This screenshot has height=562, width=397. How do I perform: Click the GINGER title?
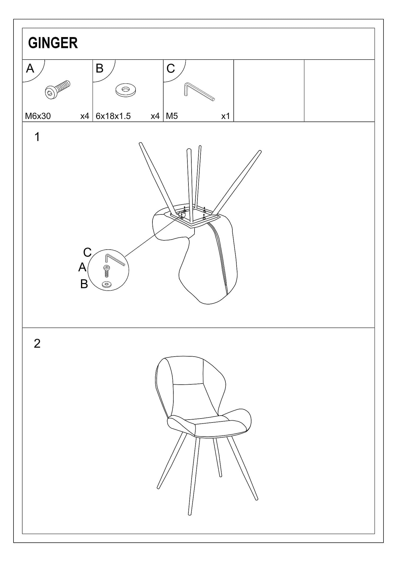[53, 43]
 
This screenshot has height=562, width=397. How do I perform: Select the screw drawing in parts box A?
[58, 90]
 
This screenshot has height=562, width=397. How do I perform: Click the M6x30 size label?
[38, 116]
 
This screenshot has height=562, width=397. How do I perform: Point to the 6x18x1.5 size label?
[113, 116]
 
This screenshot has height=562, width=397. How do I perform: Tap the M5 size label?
[172, 116]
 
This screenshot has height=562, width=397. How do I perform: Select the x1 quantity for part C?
[225, 116]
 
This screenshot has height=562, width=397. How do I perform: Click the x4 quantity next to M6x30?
[85, 116]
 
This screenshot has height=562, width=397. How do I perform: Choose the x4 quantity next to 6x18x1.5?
[155, 116]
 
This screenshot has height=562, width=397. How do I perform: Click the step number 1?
[37, 137]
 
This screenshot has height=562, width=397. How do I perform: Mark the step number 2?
[37, 343]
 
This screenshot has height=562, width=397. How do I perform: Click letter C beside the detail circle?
[87, 252]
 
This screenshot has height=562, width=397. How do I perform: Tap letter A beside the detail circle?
[82, 267]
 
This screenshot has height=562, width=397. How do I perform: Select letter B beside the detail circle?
[84, 284]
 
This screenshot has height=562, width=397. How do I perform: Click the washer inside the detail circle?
[107, 285]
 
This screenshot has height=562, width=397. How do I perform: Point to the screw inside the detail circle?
[106, 271]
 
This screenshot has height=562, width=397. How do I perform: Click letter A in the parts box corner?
[30, 68]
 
